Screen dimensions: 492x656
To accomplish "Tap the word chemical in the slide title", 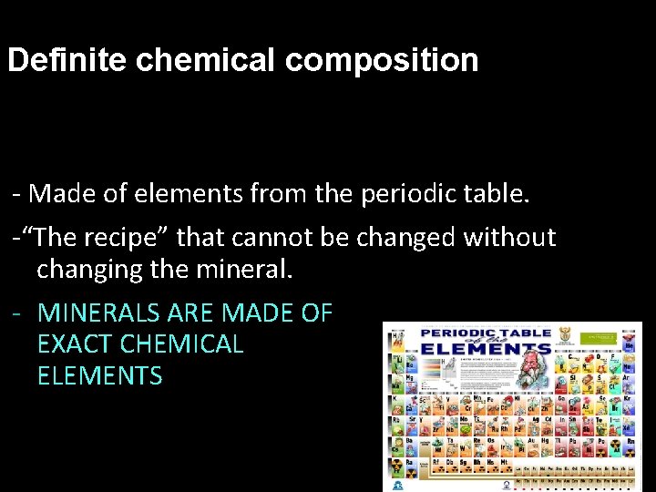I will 205,60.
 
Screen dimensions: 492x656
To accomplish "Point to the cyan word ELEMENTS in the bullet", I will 99,375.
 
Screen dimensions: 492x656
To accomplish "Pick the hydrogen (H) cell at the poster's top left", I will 398,338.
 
